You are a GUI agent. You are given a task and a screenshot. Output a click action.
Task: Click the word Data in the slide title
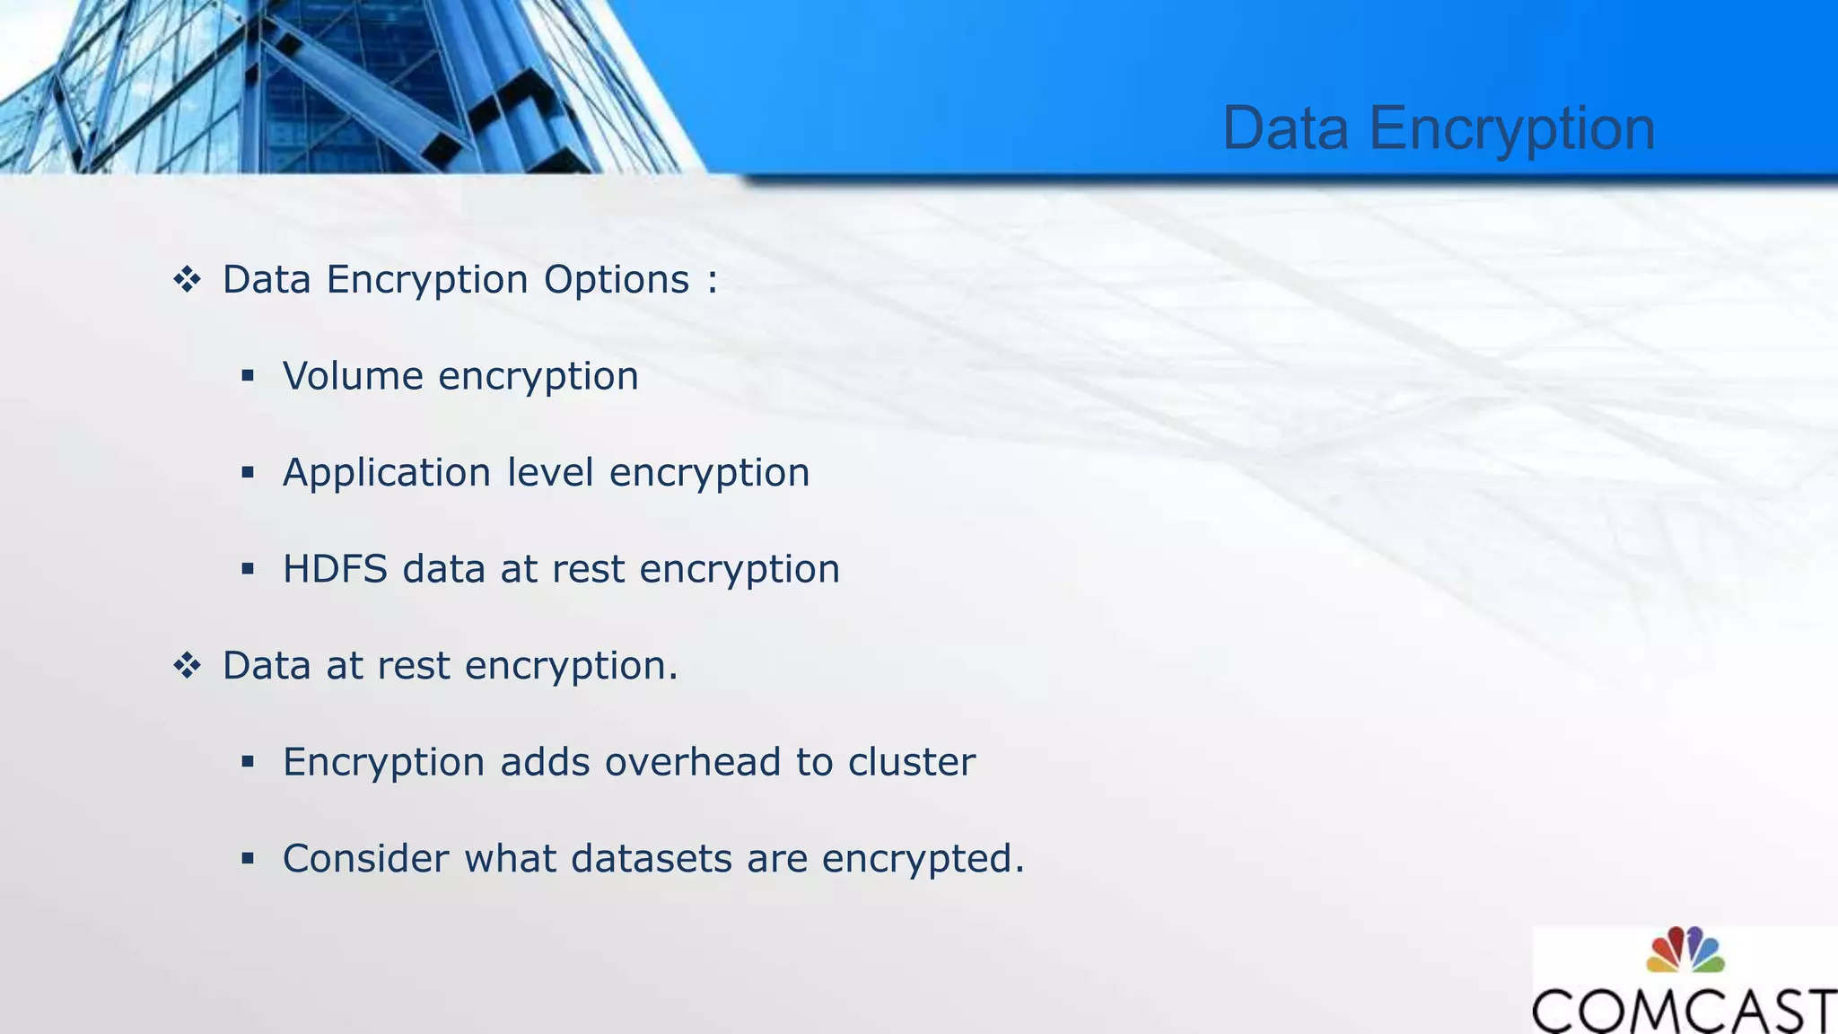pyautogui.click(x=1285, y=128)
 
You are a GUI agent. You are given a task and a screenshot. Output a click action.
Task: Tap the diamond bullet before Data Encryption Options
pyautogui.click(x=187, y=280)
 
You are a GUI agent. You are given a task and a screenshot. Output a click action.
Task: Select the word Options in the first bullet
pyautogui.click(x=617, y=280)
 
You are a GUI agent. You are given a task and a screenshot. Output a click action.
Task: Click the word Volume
pyautogui.click(x=353, y=375)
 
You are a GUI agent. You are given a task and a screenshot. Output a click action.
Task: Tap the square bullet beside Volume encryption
pyautogui.click(x=248, y=375)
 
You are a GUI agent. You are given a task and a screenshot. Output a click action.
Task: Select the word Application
pyautogui.click(x=387, y=473)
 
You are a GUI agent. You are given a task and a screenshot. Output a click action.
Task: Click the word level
pyautogui.click(x=550, y=472)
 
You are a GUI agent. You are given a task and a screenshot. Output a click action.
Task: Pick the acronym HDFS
pyautogui.click(x=335, y=569)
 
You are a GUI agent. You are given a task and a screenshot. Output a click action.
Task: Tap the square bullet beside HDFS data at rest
pyautogui.click(x=248, y=569)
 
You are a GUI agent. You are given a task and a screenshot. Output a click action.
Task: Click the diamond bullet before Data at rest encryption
pyautogui.click(x=187, y=666)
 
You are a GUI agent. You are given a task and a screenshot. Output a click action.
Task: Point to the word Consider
pyautogui.click(x=365, y=859)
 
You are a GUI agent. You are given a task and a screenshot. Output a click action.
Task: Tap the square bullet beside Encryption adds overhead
pyautogui.click(x=248, y=762)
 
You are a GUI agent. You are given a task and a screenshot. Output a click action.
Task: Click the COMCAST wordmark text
pyautogui.click(x=1684, y=1011)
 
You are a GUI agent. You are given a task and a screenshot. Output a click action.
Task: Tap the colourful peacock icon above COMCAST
pyautogui.click(x=1685, y=951)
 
